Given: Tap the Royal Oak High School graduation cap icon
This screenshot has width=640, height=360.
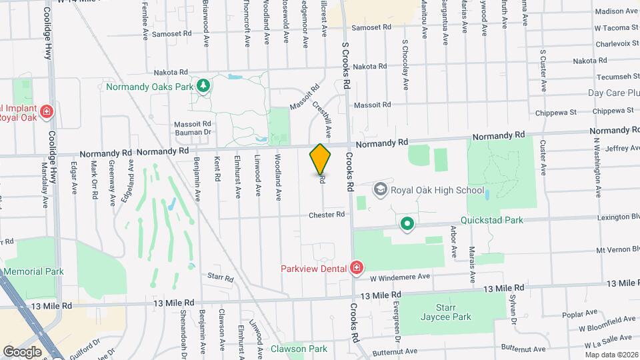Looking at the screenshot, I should pyautogui.click(x=380, y=190).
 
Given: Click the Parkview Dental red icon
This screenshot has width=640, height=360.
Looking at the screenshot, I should pyautogui.click(x=357, y=268).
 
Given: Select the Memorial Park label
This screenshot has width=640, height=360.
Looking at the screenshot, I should pyautogui.click(x=33, y=271).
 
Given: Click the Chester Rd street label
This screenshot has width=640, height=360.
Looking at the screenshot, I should pyautogui.click(x=326, y=215).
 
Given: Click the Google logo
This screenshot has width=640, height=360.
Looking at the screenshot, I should pyautogui.click(x=22, y=351).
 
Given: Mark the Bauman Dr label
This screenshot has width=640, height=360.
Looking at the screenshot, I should pyautogui.click(x=192, y=133).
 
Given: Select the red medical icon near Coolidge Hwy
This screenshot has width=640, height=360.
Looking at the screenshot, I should pyautogui.click(x=46, y=111).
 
